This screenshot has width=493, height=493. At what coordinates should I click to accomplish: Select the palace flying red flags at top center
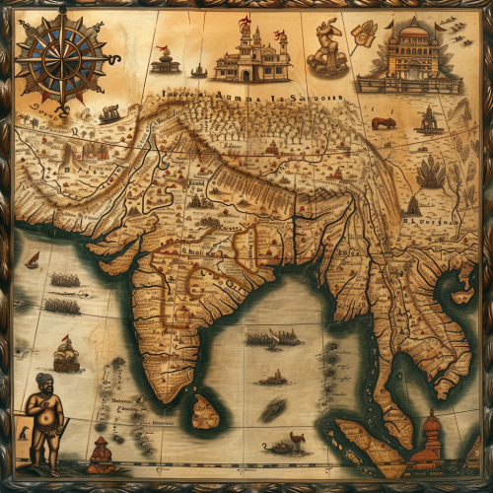click(x=252, y=56)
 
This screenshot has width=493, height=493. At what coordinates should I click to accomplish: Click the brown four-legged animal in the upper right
click(x=384, y=123)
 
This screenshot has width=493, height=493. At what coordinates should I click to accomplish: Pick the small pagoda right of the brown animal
click(x=429, y=120)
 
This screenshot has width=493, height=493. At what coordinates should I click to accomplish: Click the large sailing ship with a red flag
click(x=66, y=352)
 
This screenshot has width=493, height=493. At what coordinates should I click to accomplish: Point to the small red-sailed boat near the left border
click(x=33, y=260)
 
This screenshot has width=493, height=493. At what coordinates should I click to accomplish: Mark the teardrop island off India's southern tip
click(x=205, y=412)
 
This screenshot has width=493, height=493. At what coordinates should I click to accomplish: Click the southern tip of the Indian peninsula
click(x=178, y=394)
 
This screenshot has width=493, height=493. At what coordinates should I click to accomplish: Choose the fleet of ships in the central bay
click(x=272, y=338)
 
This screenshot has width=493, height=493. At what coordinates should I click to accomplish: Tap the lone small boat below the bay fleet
click(x=272, y=378)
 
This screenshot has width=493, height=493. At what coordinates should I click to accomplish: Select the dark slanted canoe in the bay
click(x=271, y=408)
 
